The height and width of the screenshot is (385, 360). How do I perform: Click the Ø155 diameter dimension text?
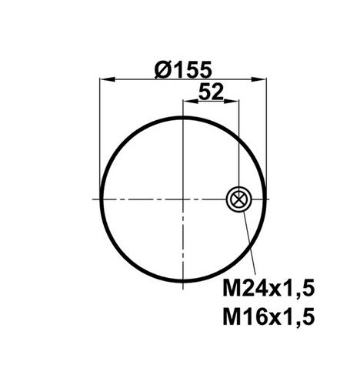coord(183,69)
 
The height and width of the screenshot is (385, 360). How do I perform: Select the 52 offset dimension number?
coord(211,92)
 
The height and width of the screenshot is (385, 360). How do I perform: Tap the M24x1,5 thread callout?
coord(268,290)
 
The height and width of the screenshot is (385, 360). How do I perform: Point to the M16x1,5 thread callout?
coord(268,317)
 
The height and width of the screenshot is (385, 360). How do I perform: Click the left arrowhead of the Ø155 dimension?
coord(107,79)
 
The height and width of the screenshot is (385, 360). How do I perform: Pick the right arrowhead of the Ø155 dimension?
coord(259,79)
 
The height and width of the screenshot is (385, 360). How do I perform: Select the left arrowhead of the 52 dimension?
coord(191,101)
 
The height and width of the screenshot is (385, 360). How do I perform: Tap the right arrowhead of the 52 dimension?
coord(231,101)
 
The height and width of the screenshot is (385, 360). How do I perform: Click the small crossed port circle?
coord(239,199)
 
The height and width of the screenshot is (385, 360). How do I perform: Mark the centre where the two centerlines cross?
coord(183,199)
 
